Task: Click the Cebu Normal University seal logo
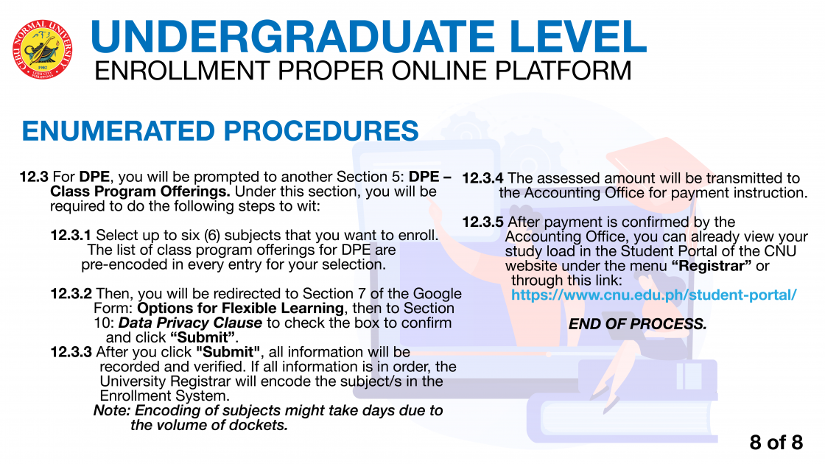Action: click(x=42, y=50)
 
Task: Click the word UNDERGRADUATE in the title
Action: click(x=292, y=37)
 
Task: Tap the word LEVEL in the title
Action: click(x=577, y=37)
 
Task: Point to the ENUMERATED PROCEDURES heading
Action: click(x=220, y=131)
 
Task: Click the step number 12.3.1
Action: click(x=71, y=235)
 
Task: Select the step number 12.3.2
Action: click(x=71, y=294)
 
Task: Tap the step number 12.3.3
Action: click(x=71, y=352)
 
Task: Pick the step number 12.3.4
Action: click(x=482, y=178)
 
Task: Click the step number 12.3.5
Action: click(x=482, y=222)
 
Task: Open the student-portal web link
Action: click(x=654, y=295)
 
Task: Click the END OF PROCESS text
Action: click(x=638, y=323)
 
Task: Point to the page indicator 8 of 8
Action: click(x=776, y=443)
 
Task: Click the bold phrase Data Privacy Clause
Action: click(x=191, y=323)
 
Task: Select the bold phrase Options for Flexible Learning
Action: click(x=240, y=309)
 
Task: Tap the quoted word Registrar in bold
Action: click(x=712, y=266)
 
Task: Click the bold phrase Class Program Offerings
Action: click(x=140, y=191)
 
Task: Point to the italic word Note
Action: click(x=112, y=410)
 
